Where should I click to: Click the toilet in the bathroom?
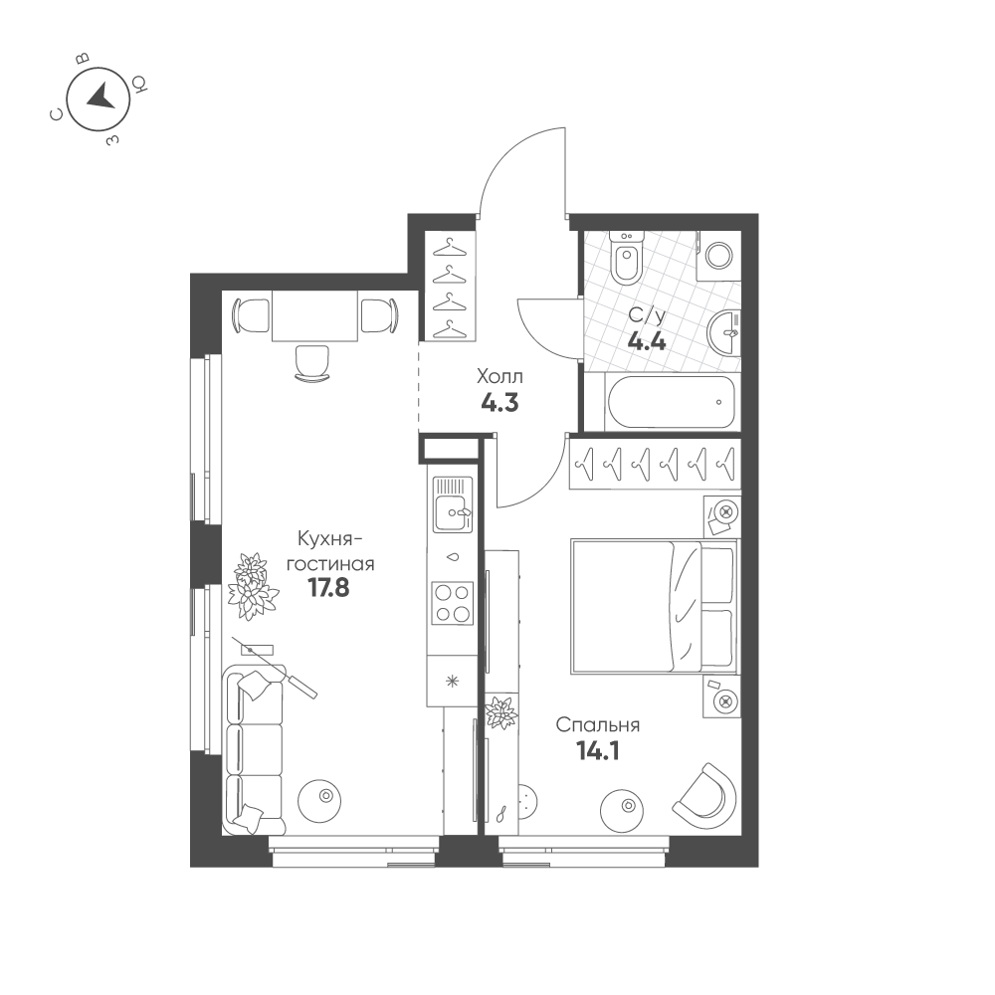tap(626, 258)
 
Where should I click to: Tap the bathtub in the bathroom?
tap(672, 402)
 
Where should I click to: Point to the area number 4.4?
tap(647, 342)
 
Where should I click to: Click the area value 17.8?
tap(328, 588)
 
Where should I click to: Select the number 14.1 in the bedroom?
tap(597, 751)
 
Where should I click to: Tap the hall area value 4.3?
tap(500, 403)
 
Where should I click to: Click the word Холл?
tap(500, 377)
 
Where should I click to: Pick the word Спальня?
tap(598, 724)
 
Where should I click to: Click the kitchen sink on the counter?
tap(453, 504)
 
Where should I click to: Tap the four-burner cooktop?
tap(453, 603)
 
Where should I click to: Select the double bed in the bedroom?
tap(655, 606)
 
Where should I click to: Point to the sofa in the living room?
tap(255, 749)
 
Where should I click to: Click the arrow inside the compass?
tap(100, 98)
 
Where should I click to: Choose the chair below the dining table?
tap(312, 363)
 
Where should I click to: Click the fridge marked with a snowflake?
tap(452, 682)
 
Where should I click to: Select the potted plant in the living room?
tap(252, 586)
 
